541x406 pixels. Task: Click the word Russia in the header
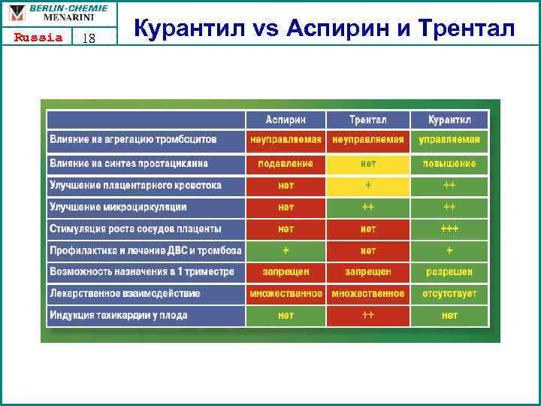click(38, 38)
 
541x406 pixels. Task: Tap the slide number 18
click(88, 38)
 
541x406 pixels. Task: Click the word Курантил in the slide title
click(188, 29)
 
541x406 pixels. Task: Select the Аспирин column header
click(286, 120)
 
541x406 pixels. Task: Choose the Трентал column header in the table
click(368, 120)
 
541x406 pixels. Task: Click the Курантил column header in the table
click(449, 120)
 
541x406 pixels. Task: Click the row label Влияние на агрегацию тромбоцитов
click(133, 140)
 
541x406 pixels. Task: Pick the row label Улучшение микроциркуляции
click(118, 207)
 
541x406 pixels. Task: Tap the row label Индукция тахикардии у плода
click(118, 316)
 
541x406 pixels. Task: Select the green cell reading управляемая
click(449, 140)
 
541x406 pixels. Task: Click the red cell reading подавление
click(286, 163)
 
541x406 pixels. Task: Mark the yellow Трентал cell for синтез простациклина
click(368, 163)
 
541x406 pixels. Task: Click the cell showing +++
click(449, 229)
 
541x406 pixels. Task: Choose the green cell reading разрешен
click(449, 272)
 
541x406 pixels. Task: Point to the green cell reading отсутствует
click(449, 294)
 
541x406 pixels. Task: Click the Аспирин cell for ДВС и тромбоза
click(286, 250)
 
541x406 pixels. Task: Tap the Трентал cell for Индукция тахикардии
click(368, 316)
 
